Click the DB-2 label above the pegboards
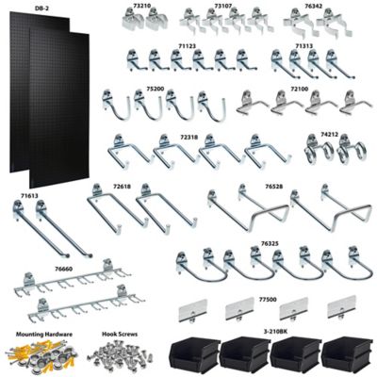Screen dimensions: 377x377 [x=40, y=8]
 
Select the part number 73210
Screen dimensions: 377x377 [x=142, y=6]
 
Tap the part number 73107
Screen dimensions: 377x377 [x=223, y=6]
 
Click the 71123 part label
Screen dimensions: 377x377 [x=187, y=44]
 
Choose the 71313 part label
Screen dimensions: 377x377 [x=303, y=44]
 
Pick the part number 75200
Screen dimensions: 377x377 [x=155, y=88]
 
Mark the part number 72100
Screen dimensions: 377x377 [x=300, y=88]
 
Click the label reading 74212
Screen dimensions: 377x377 [x=329, y=134]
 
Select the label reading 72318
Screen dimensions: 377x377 [x=188, y=137]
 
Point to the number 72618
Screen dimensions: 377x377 [x=122, y=187]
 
